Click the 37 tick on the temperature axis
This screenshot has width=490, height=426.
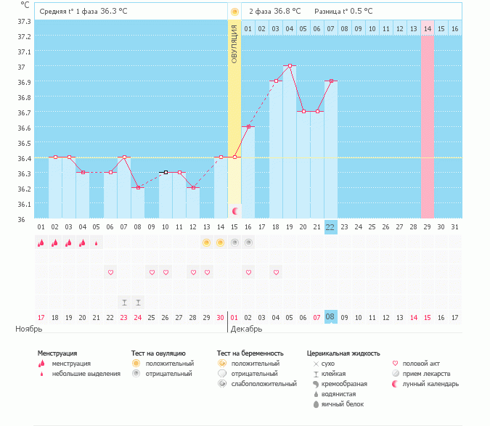(x=21, y=67)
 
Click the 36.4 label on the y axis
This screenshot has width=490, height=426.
(x=25, y=159)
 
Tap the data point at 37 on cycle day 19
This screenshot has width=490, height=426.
(x=290, y=65)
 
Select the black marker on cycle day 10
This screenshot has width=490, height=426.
(x=166, y=173)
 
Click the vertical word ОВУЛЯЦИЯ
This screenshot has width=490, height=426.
(x=234, y=44)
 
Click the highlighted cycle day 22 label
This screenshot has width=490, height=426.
(x=330, y=227)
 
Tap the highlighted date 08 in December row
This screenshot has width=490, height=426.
(x=330, y=317)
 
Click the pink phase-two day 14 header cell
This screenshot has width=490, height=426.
(x=427, y=29)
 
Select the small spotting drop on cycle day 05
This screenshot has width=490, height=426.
(x=97, y=243)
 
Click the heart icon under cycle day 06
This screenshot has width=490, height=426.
(x=110, y=272)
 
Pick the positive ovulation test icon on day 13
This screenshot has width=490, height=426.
(x=206, y=242)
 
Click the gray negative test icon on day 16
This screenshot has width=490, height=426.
(x=248, y=242)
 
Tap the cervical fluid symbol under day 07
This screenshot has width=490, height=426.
(x=124, y=303)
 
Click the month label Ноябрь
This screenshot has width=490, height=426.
(x=29, y=329)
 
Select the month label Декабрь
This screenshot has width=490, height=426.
(x=246, y=329)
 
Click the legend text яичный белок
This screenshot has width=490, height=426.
(x=343, y=404)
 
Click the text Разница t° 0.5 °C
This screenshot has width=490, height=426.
(x=343, y=12)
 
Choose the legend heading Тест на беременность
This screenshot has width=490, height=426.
(x=250, y=353)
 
